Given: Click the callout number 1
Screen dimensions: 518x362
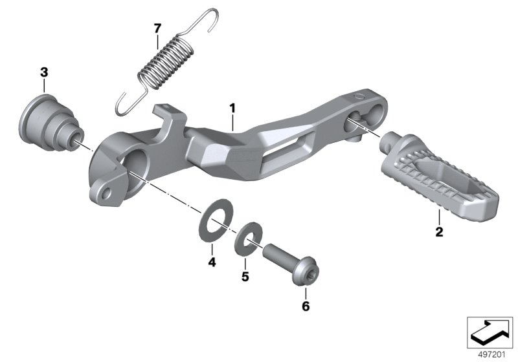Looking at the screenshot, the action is click(233, 109).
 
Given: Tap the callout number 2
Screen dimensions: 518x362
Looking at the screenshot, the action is click(439, 232).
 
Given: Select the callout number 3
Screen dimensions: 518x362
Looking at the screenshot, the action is click(44, 72).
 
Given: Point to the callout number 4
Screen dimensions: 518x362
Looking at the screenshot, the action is click(212, 262).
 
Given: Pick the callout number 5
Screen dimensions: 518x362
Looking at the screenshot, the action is click(245, 277).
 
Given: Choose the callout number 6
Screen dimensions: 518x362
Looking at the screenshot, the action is click(306, 306).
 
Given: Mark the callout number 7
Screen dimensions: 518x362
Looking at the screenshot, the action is click(157, 28).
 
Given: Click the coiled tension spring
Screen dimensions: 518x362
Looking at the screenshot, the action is click(165, 63).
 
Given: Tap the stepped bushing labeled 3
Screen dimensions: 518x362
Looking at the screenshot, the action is click(51, 123).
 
